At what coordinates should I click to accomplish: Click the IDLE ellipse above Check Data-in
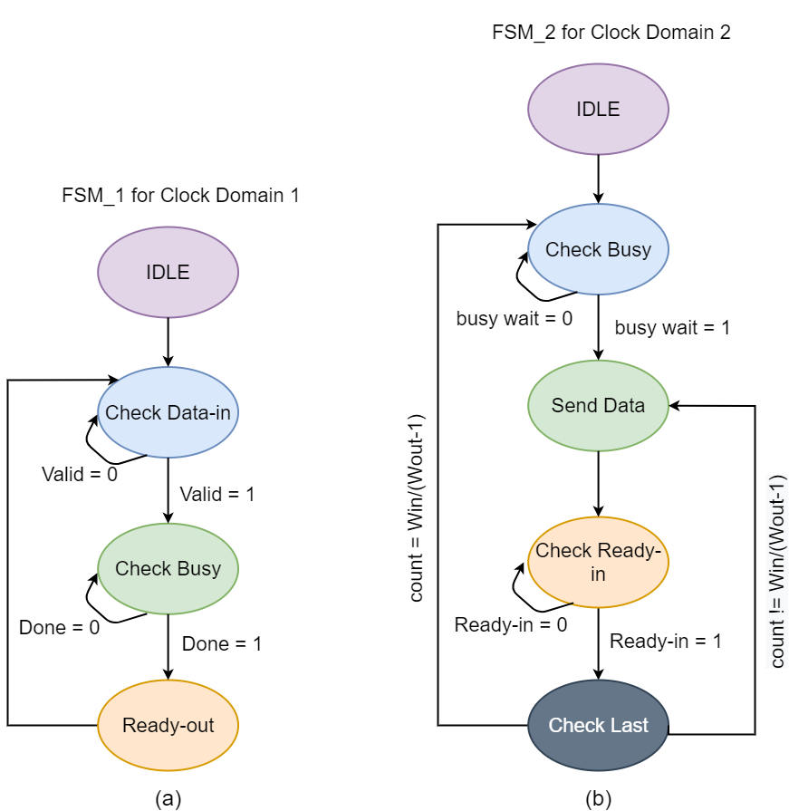[x=168, y=272]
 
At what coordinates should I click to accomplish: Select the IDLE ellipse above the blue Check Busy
[x=598, y=109]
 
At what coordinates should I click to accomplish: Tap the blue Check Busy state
[x=598, y=249]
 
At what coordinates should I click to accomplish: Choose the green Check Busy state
[x=168, y=569]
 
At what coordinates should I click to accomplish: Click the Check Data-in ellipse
[x=168, y=412]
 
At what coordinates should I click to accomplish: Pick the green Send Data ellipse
[x=598, y=405]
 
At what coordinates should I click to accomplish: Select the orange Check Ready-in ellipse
[x=598, y=562]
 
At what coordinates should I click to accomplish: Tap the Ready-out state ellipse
[x=168, y=725]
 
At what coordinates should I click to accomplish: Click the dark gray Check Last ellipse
[x=598, y=725]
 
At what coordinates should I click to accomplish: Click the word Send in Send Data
[x=573, y=405]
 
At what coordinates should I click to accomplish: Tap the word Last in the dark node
[x=630, y=725]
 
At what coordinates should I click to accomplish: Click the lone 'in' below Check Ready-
[x=598, y=574]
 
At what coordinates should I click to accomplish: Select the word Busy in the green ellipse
[x=198, y=569]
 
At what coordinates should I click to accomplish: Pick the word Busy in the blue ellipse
[x=629, y=249]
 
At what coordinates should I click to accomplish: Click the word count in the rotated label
[x=777, y=644]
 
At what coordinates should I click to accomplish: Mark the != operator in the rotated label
[x=777, y=607]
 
